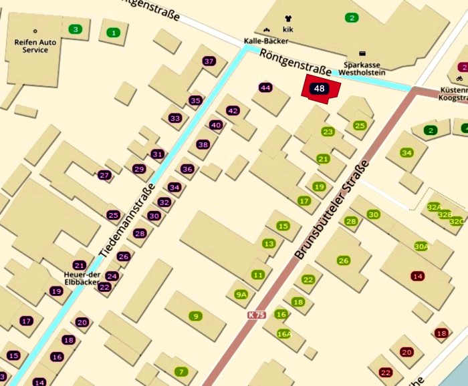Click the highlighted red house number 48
320,89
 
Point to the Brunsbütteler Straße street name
332,210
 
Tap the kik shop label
288,30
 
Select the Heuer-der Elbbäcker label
81,278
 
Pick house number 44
266,87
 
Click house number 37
209,61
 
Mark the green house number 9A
241,295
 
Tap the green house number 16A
284,334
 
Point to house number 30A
421,246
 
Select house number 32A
434,207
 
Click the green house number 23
328,132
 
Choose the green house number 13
269,244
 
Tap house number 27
104,176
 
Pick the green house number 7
180,371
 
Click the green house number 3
76,29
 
